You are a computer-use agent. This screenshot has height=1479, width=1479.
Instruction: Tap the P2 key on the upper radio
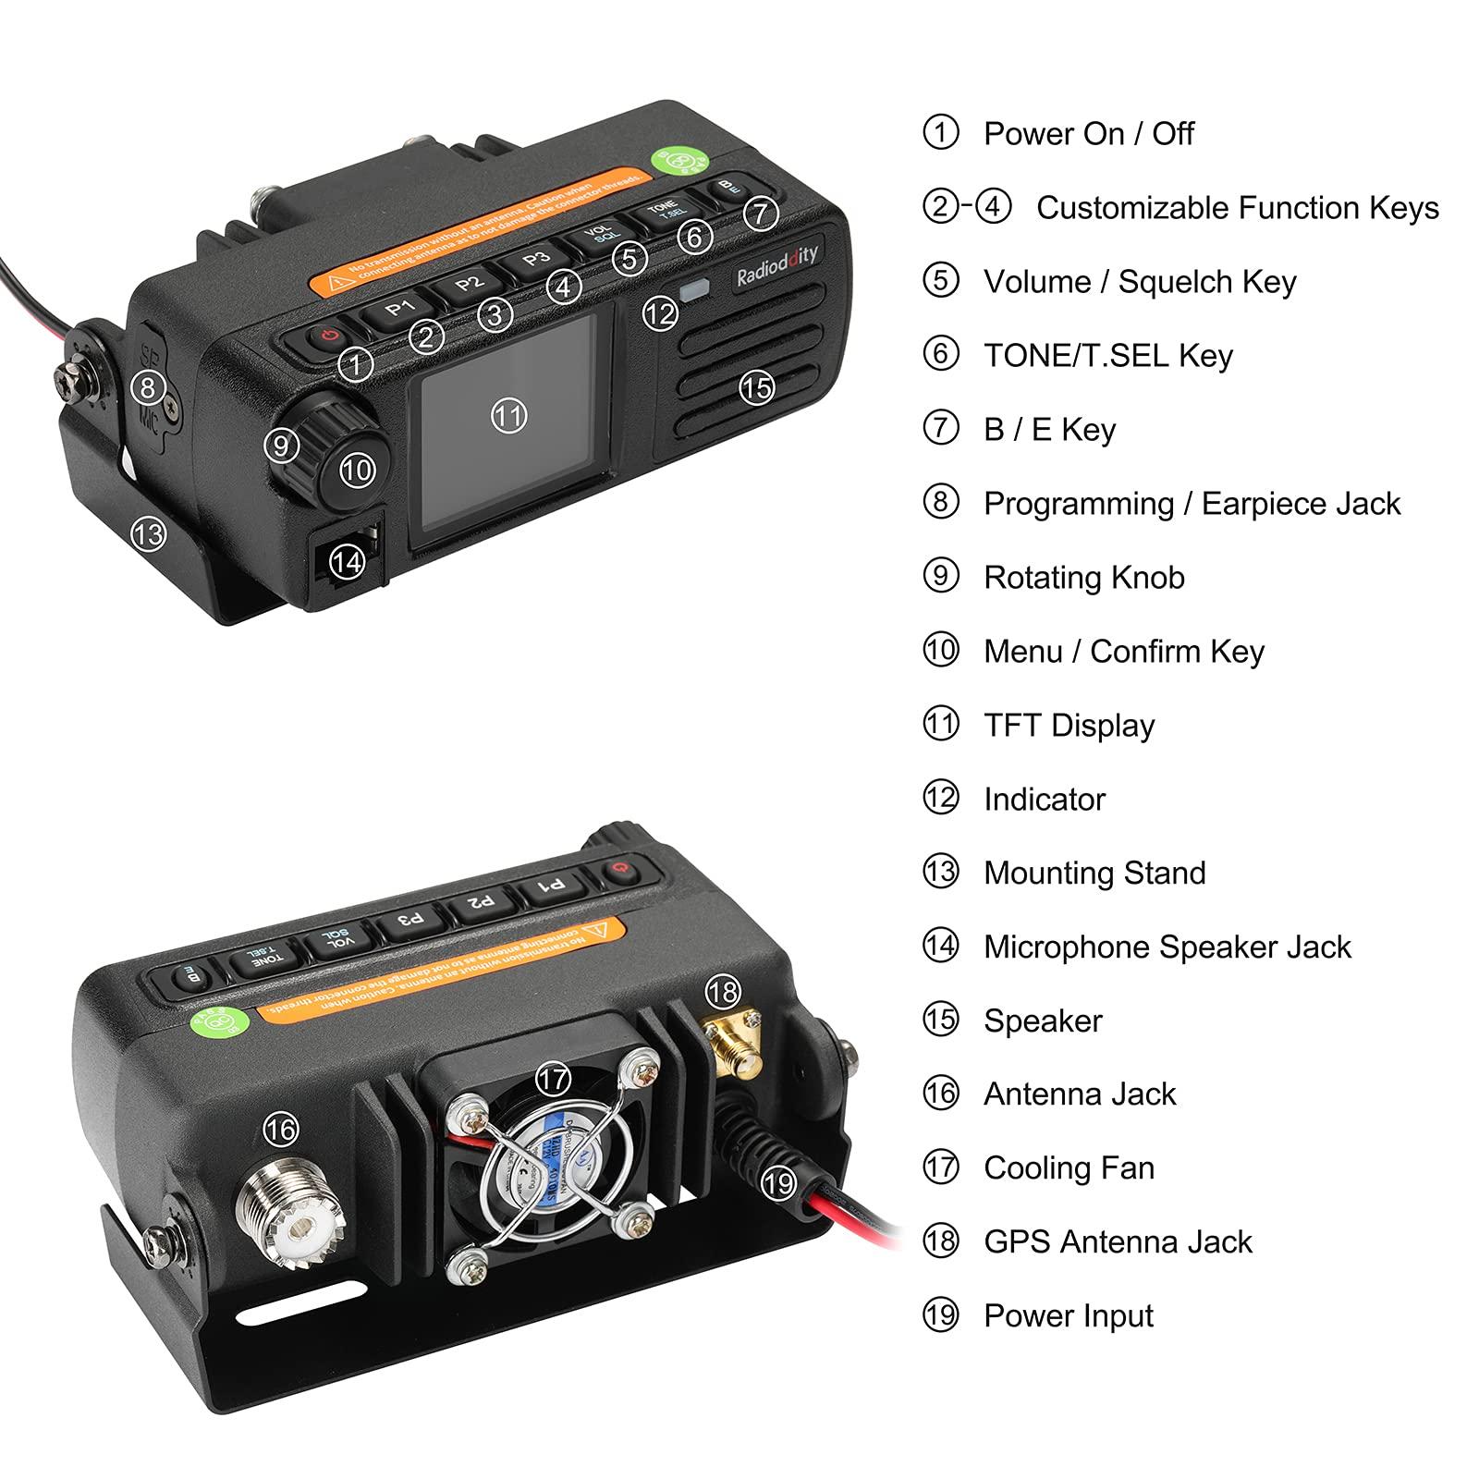469,283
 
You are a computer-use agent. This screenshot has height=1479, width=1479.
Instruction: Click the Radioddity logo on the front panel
776,264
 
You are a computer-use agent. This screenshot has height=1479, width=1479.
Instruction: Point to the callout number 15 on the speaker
756,386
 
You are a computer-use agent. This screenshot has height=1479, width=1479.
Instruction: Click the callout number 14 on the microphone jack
347,560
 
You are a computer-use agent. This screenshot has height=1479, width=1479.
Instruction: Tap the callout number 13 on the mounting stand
148,533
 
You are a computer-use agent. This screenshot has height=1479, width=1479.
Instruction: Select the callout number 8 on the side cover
148,386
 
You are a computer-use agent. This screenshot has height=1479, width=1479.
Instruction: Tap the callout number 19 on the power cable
779,1182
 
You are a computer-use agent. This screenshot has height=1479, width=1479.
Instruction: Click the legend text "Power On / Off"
1088,134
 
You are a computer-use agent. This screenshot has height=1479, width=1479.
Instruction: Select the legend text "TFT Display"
1069,726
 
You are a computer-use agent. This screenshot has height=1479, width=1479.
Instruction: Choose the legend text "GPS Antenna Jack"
1118,1241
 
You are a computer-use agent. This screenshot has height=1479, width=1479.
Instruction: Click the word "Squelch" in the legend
1173,282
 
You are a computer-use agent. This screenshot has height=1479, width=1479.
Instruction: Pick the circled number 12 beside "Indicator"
941,798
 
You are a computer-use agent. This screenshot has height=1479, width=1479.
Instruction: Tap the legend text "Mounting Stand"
1094,873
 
